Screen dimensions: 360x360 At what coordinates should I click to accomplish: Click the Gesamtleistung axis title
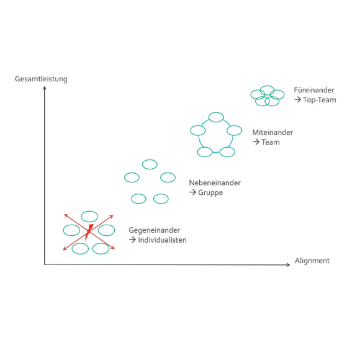41,79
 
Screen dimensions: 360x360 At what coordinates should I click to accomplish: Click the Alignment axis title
312,261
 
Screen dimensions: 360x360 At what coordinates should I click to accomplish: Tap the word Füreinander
314,90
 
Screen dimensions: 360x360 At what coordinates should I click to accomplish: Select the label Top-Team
320,100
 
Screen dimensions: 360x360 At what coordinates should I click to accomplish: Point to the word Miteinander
272,132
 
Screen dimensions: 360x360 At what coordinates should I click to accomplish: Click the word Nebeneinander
215,182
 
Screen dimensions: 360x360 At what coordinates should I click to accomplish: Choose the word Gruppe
210,192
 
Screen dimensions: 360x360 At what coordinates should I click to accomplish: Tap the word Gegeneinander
154,230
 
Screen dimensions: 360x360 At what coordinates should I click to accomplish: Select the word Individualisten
162,240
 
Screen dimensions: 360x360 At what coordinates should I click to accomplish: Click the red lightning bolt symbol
89,232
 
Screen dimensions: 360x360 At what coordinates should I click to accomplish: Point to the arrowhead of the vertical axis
45,88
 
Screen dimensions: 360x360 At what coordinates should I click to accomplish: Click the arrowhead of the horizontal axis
289,264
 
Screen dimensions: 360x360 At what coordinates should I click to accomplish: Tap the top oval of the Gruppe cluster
150,164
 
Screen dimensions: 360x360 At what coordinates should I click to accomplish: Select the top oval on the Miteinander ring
216,117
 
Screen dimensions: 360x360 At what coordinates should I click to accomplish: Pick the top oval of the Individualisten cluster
89,216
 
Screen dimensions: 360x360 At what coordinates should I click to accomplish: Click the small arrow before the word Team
256,142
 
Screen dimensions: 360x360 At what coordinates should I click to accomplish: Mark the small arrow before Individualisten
132,240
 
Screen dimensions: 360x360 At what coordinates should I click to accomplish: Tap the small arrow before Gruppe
192,192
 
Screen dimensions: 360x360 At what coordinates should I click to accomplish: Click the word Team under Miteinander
271,142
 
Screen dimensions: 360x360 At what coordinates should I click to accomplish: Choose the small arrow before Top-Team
297,100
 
